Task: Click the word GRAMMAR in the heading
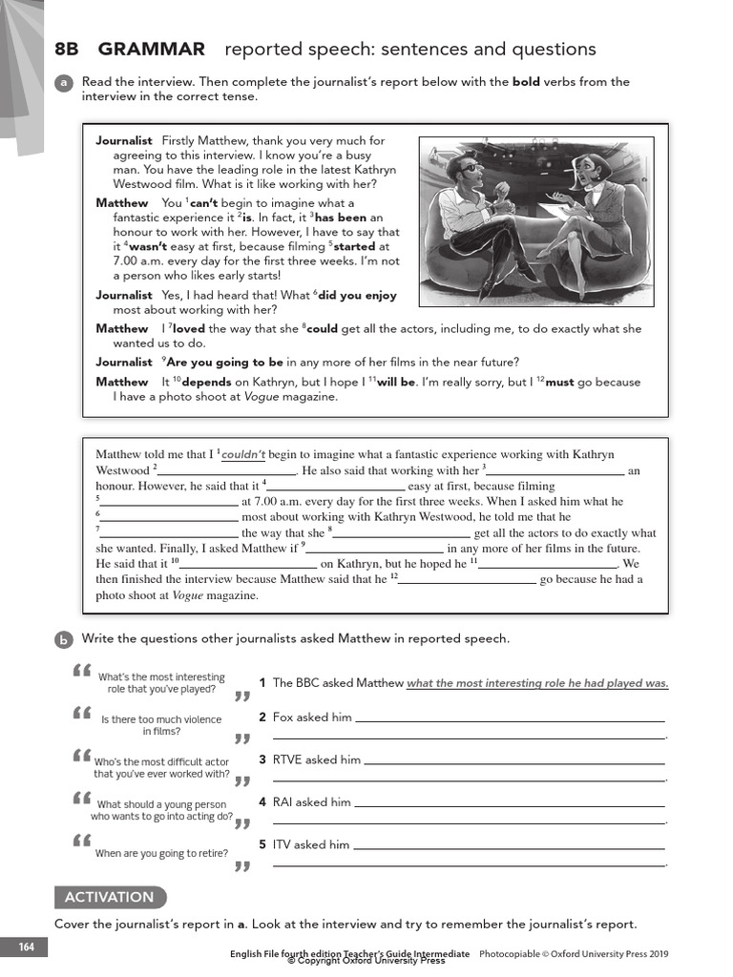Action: click(151, 50)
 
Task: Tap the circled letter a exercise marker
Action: click(64, 83)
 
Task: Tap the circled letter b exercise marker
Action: click(64, 639)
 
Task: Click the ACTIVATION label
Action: click(109, 897)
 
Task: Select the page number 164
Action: click(25, 947)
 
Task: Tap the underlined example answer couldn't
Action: click(243, 455)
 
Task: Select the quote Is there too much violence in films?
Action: click(160, 726)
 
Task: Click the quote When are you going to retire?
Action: click(161, 854)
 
